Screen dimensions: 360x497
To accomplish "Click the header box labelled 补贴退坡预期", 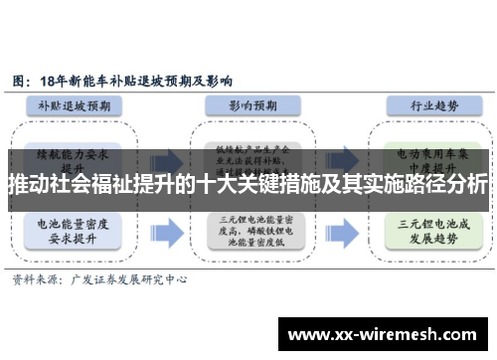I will pos(81,104).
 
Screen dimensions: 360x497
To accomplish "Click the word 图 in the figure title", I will pos(19,78).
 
